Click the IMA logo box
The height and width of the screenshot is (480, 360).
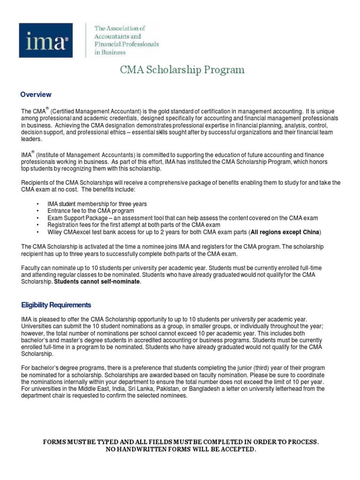pos(45,41)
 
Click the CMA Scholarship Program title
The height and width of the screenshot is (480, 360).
pos(182,70)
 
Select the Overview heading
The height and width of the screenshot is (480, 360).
pos(36,94)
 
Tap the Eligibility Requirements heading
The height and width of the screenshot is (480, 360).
pos(56,305)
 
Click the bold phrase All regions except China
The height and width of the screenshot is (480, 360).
pos(286,232)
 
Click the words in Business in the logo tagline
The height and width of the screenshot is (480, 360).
pos(110,52)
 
